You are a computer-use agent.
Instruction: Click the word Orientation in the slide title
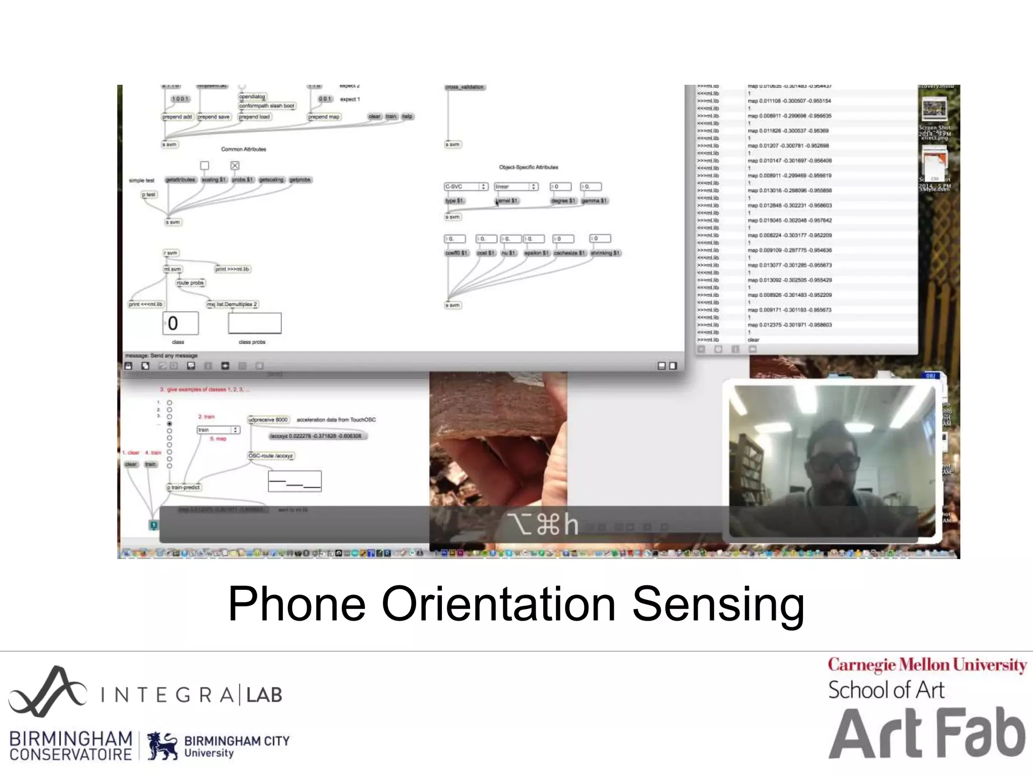[498, 604]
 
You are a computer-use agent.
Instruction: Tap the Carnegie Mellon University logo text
[927, 666]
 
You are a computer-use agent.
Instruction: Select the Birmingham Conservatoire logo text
[71, 746]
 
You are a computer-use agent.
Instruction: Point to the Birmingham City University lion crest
[162, 745]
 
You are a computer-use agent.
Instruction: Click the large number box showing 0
[180, 323]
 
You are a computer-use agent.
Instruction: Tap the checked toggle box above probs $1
[235, 165]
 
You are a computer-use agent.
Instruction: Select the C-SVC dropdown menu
[466, 187]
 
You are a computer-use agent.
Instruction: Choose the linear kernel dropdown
[515, 187]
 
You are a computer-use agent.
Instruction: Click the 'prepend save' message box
[213, 117]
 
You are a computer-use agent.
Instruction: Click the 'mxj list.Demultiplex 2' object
[233, 304]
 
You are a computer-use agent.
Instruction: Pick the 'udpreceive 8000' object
[268, 420]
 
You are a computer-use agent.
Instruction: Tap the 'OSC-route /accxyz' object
[270, 456]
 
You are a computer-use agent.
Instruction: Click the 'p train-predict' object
[184, 487]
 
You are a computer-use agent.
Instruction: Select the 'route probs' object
[190, 283]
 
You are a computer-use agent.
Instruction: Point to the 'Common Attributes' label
[244, 149]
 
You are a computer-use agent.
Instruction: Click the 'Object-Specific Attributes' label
[529, 167]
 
